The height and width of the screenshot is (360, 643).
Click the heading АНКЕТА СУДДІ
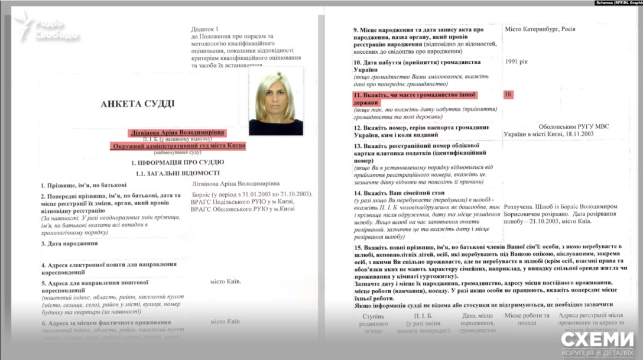(137, 104)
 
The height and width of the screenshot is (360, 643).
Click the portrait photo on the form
(276, 101)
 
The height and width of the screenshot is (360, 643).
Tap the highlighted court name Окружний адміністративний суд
(177, 145)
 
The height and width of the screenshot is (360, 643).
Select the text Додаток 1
(204, 29)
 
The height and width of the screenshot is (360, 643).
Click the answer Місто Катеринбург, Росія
(540, 29)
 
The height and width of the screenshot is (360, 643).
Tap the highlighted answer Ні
(508, 94)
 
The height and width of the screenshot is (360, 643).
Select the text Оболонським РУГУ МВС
(574, 127)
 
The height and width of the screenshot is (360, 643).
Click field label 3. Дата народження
(70, 243)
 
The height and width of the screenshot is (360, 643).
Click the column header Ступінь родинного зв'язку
(374, 323)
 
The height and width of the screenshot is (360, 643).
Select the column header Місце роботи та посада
(527, 319)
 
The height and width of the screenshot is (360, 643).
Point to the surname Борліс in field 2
(203, 194)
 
